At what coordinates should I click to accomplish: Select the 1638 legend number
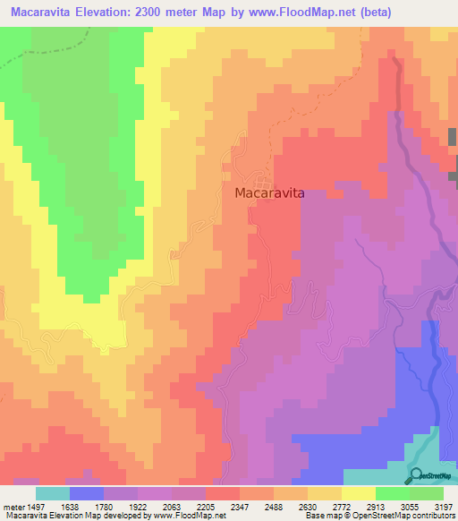point(71,505)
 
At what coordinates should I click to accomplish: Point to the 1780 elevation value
point(104,505)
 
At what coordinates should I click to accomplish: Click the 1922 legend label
point(138,505)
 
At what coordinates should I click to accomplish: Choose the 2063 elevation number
point(172,505)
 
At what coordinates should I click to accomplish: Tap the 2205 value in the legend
point(206,505)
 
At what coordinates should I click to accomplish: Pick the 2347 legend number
point(240,505)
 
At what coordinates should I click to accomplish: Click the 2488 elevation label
point(274,505)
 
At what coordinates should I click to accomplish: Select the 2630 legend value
point(308,505)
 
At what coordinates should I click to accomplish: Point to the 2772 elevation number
point(342,505)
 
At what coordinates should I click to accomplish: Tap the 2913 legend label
point(376,505)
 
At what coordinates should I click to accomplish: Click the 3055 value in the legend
point(410,505)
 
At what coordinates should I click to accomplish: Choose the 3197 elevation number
point(443,505)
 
